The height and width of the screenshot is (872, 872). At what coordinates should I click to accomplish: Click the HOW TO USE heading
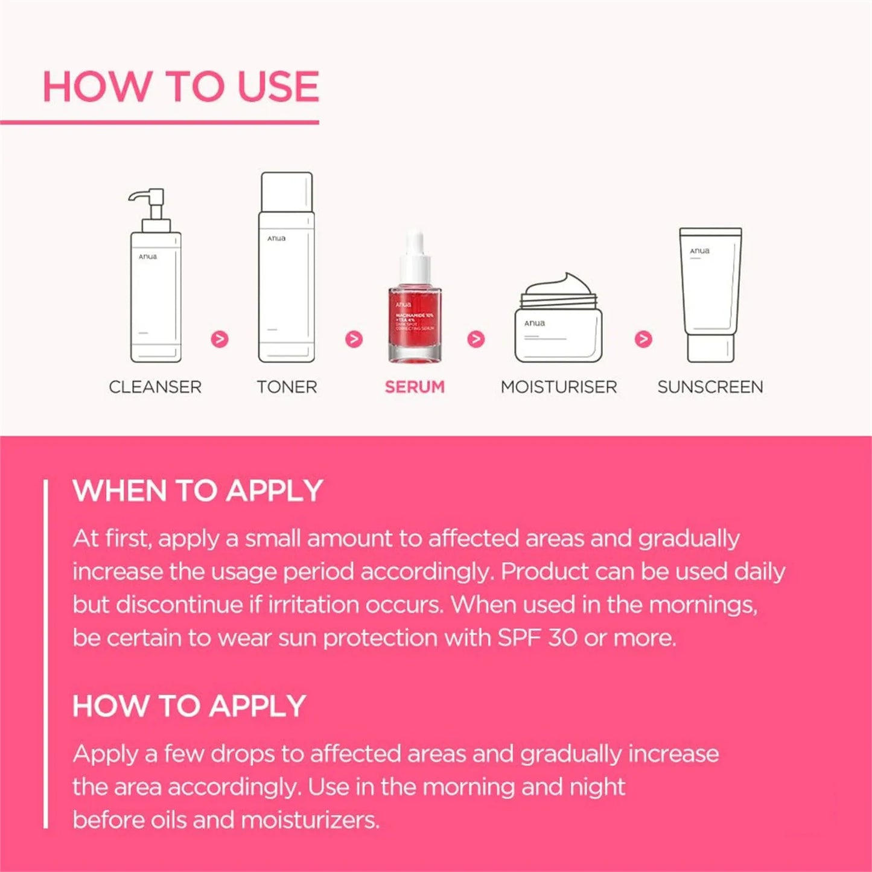(180, 87)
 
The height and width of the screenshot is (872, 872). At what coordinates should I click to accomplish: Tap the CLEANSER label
(155, 387)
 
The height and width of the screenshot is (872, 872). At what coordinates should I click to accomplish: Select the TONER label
(287, 387)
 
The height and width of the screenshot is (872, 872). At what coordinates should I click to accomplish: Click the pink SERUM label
(415, 387)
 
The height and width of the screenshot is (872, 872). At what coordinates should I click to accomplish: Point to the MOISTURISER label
(559, 387)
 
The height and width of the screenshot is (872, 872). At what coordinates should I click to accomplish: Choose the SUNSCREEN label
(710, 387)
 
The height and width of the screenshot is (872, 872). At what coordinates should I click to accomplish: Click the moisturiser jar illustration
(558, 326)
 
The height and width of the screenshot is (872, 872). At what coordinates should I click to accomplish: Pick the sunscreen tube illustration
(710, 296)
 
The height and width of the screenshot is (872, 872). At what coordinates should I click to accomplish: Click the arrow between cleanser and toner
(220, 339)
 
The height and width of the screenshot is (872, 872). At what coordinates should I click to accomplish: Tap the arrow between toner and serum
(354, 339)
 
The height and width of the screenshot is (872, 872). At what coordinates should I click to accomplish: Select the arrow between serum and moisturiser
(476, 339)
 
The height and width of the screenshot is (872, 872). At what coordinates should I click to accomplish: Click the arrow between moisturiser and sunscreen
(643, 339)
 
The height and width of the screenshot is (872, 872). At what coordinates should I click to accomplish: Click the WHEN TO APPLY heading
(198, 491)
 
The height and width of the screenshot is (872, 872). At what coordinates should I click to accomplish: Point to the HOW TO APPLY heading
(189, 706)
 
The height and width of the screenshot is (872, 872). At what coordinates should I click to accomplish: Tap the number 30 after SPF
(562, 638)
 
